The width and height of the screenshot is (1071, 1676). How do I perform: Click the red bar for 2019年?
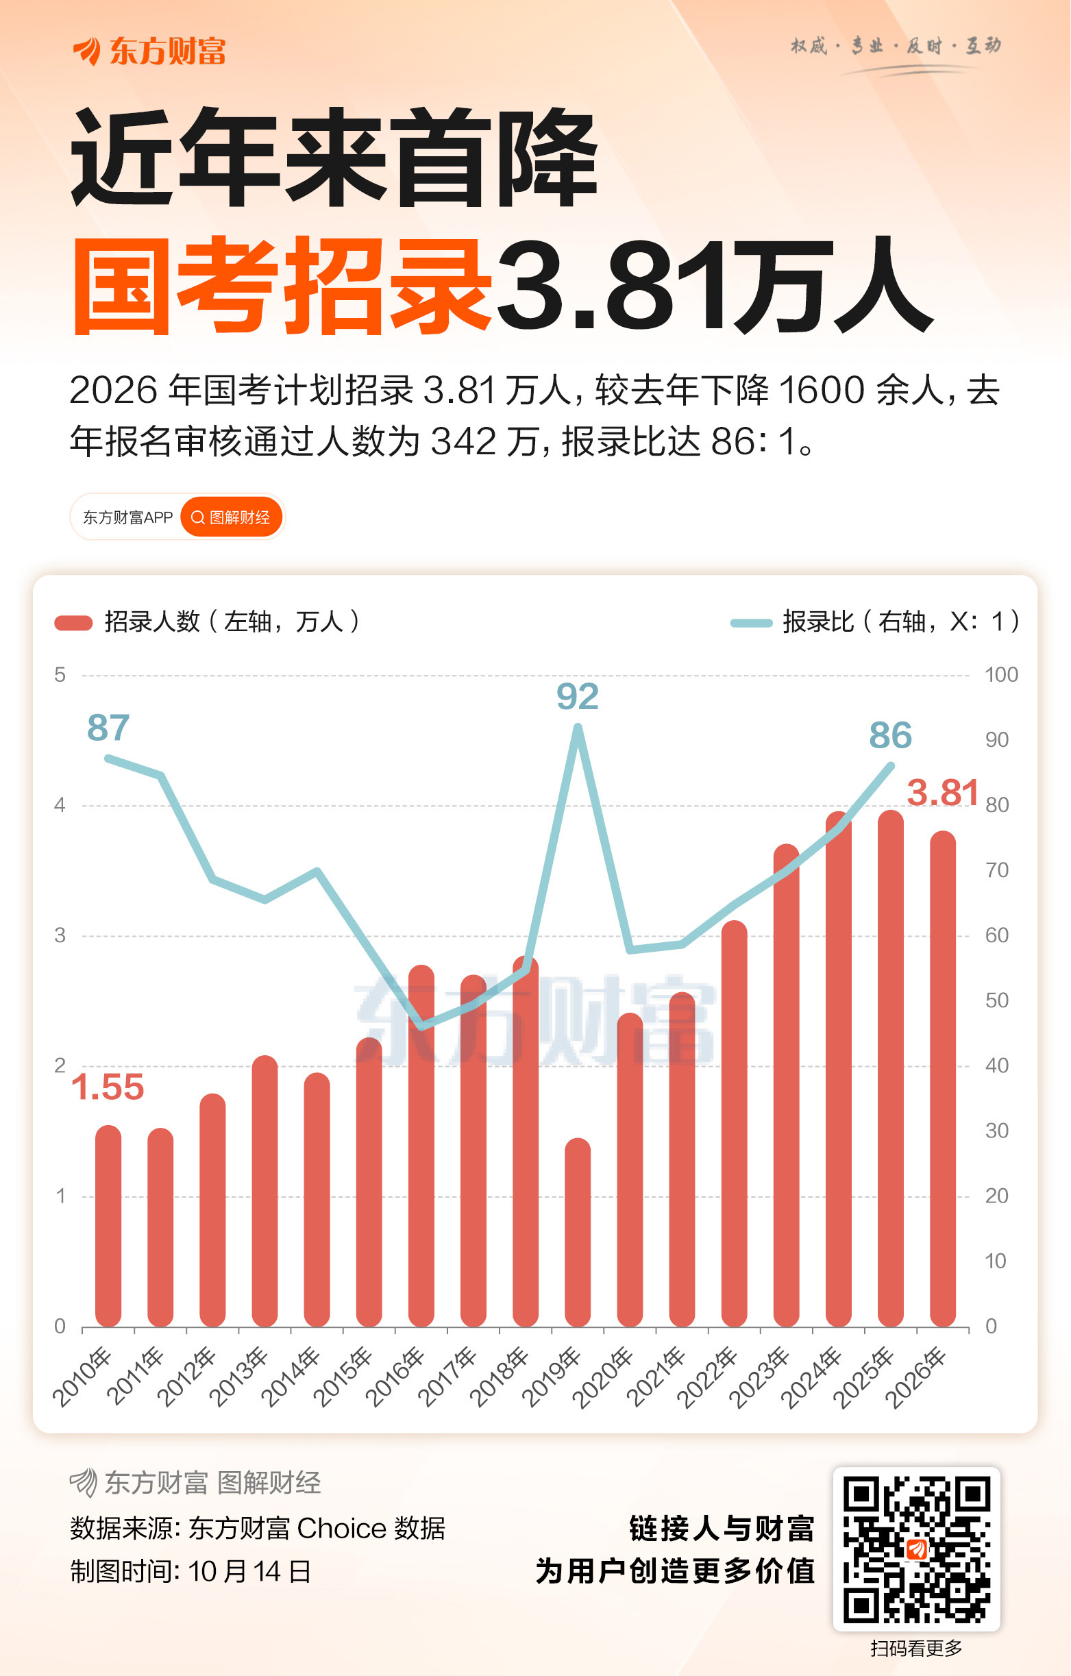point(578,1233)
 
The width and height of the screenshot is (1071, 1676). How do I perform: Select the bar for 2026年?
point(942,1079)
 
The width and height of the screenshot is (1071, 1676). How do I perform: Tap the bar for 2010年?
point(108,1227)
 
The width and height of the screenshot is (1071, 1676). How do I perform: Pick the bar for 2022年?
point(734,1124)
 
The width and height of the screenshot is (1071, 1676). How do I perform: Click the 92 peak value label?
point(577,697)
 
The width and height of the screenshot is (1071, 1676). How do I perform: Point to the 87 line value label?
point(108,728)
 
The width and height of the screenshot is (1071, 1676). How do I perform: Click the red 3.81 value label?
point(942,793)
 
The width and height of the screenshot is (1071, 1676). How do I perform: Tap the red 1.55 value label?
point(108,1087)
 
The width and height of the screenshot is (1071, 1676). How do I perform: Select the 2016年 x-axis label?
point(395,1376)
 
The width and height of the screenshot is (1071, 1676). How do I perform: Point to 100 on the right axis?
point(1000,674)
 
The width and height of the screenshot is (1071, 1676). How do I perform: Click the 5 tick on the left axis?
point(60,674)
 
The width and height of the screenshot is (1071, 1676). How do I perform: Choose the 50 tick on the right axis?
point(996,1000)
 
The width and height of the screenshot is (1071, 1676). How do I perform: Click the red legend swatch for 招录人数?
point(73,622)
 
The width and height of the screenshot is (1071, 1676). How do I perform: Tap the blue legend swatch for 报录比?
point(751,622)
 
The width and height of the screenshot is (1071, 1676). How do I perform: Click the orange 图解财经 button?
point(232,517)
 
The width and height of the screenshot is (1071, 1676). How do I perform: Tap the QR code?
point(916,1549)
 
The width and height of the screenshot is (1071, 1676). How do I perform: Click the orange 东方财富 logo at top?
point(149,51)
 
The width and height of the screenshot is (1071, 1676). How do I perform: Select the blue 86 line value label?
point(890,736)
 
